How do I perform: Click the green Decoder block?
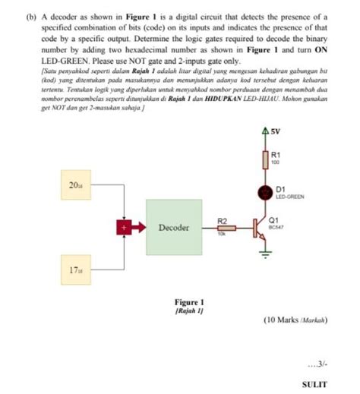click(174, 227)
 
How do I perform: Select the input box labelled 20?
click(76, 184)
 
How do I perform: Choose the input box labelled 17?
click(76, 269)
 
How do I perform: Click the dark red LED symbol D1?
click(265, 192)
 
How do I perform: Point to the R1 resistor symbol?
click(265, 160)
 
